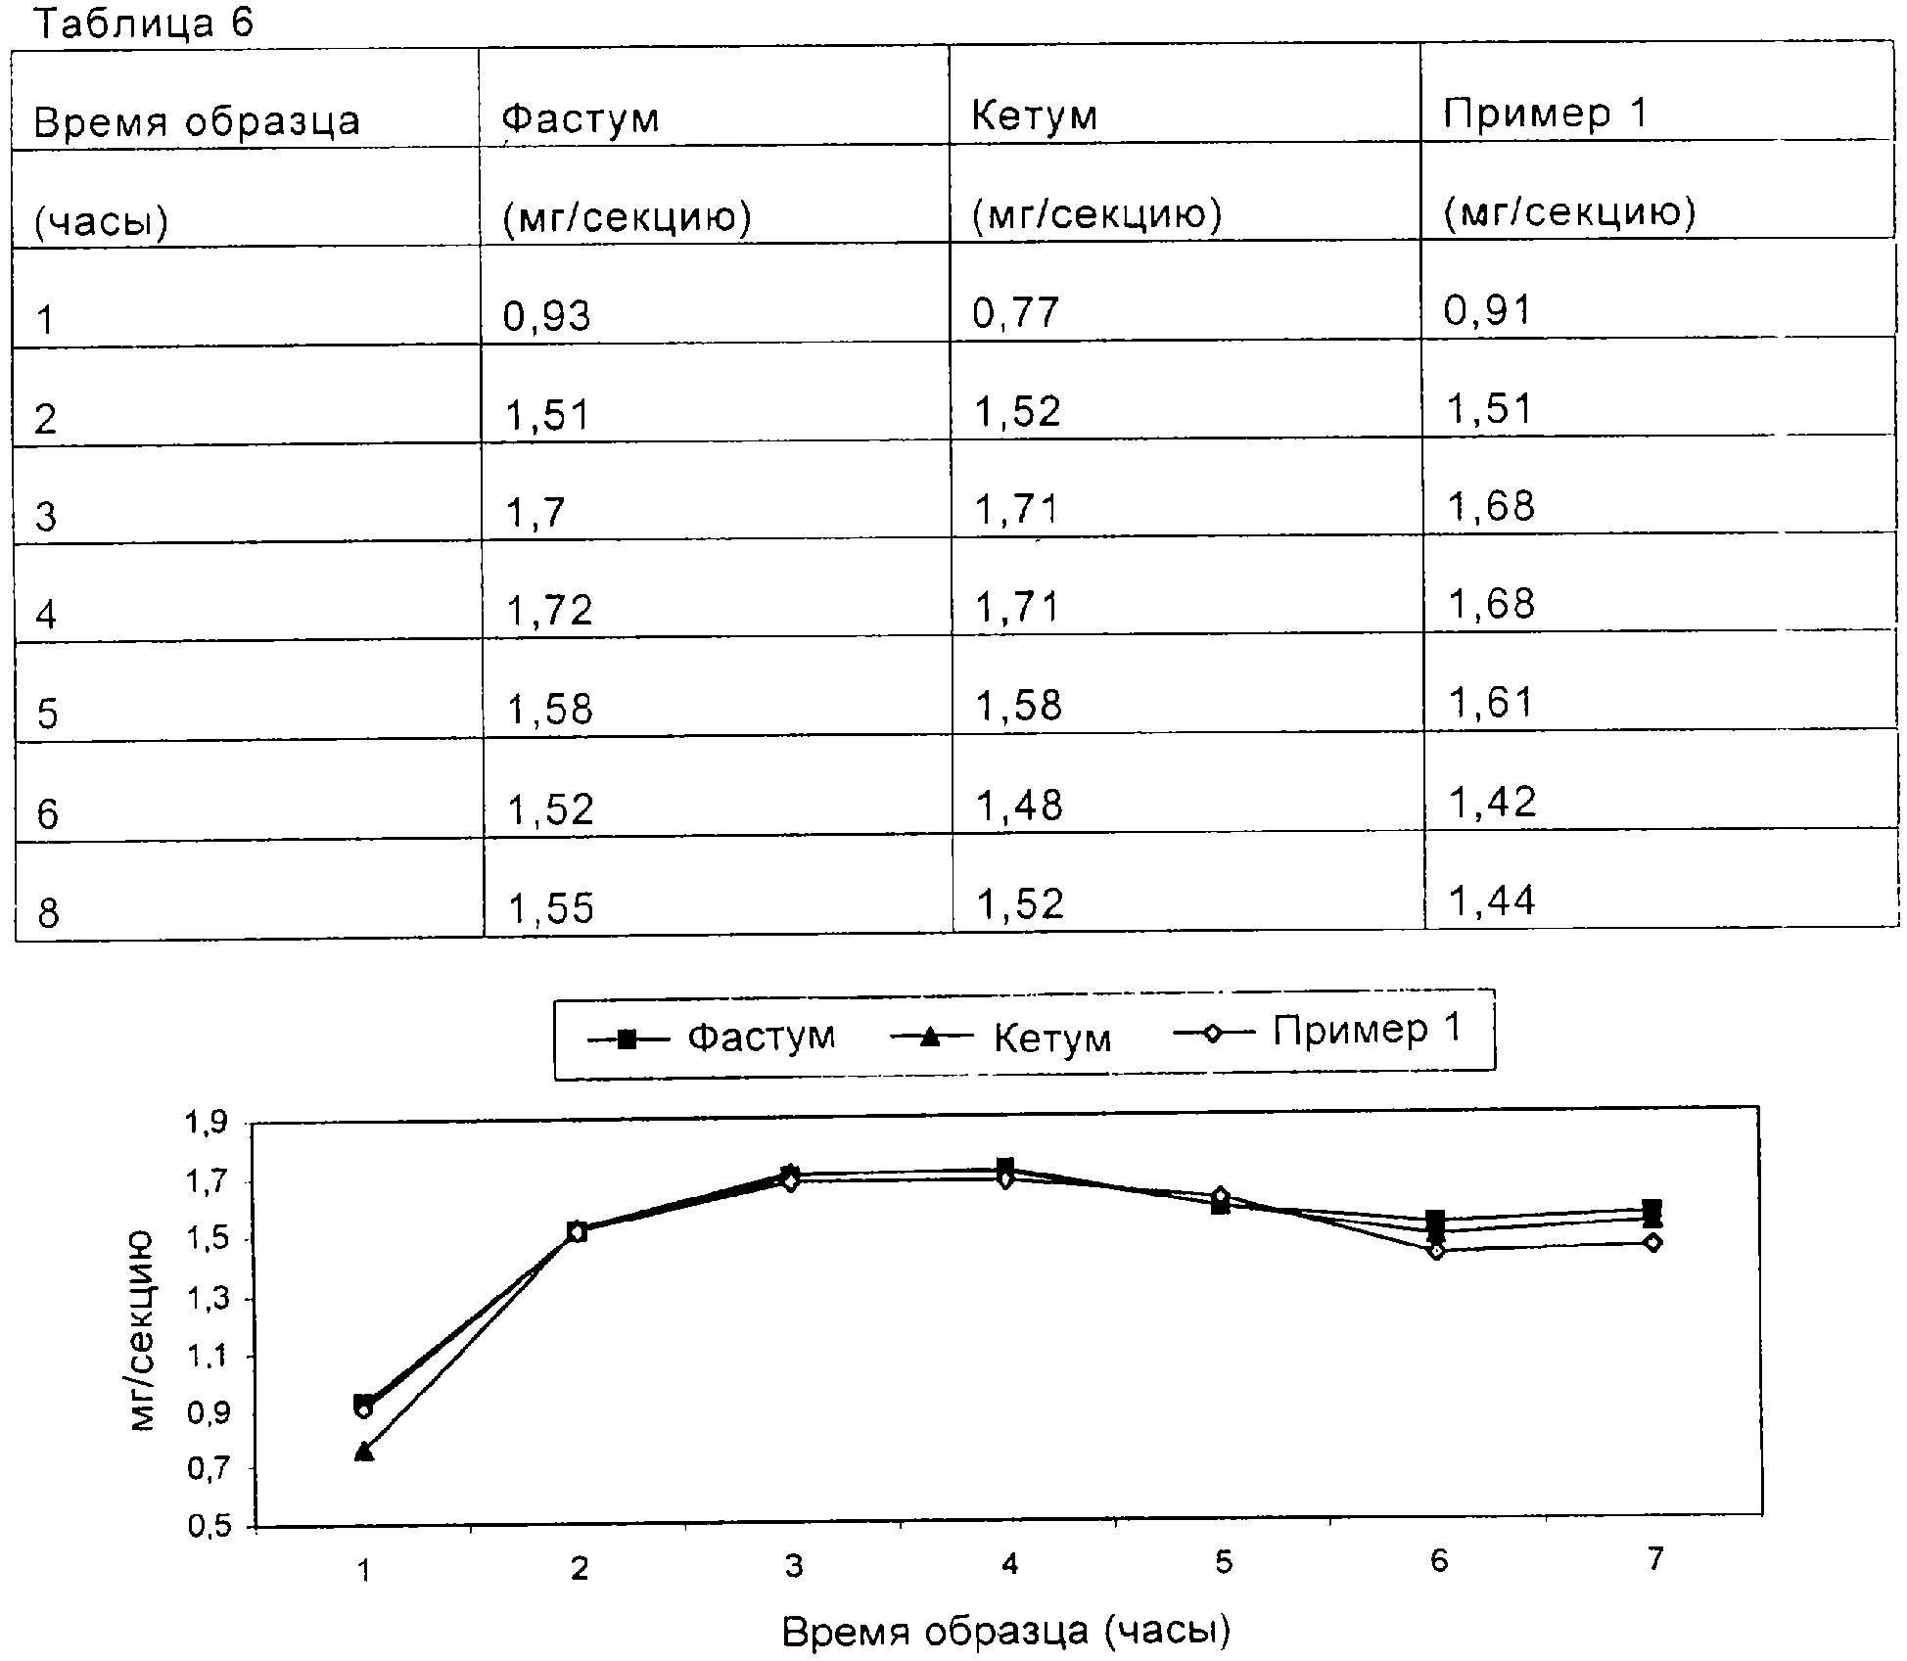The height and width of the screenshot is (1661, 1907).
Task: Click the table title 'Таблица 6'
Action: (144, 23)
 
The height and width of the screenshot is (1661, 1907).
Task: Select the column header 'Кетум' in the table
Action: (1034, 116)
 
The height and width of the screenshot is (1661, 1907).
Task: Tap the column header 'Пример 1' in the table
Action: (1546, 114)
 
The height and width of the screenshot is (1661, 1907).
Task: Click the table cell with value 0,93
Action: (547, 316)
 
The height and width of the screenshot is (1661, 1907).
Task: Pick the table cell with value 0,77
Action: (1016, 313)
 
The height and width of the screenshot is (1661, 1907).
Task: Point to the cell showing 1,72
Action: (550, 611)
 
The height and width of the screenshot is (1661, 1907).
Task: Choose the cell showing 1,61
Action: (1490, 702)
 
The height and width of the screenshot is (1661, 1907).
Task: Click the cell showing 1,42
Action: (1492, 803)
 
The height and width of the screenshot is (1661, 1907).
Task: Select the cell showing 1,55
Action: (551, 908)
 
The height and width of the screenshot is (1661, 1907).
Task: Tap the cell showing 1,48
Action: (1020, 806)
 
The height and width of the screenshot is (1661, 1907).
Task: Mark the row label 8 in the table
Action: (48, 914)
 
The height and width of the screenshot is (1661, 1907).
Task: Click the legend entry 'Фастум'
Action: (761, 1036)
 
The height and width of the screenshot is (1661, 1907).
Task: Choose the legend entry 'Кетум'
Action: (1052, 1038)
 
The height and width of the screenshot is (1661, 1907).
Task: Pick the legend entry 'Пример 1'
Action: (1367, 1029)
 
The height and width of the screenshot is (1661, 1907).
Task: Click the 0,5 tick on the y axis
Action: (208, 1527)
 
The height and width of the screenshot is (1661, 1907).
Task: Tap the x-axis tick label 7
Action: (1654, 1559)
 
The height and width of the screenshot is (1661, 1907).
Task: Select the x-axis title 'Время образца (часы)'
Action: (1006, 1631)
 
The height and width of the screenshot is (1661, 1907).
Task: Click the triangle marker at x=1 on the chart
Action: (364, 1451)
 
